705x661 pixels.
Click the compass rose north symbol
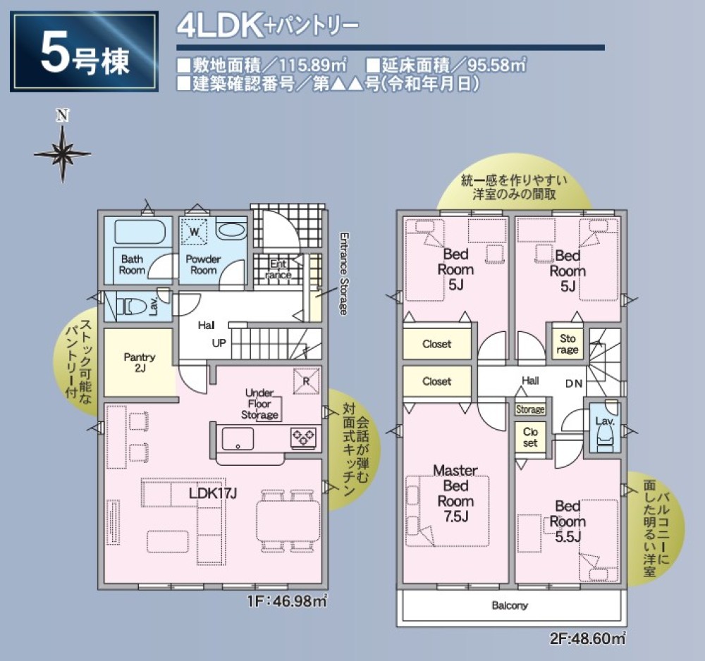pyautogui.click(x=63, y=151)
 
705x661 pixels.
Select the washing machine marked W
pyautogui.click(x=194, y=230)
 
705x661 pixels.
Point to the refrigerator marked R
pyautogui.click(x=305, y=379)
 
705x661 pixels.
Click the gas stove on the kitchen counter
pyautogui.click(x=304, y=438)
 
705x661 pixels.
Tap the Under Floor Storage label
pyautogui.click(x=259, y=404)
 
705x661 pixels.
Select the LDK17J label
pyautogui.click(x=212, y=493)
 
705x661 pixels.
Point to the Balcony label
pyautogui.click(x=510, y=605)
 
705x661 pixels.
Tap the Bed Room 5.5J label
pyautogui.click(x=568, y=521)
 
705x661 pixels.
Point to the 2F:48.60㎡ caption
pyautogui.click(x=588, y=639)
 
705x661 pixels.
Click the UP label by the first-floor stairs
pyautogui.click(x=219, y=343)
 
